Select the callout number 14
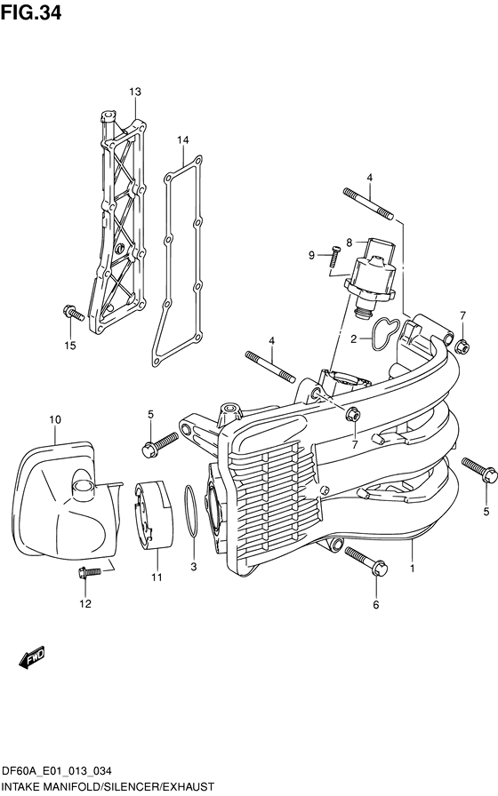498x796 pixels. click(x=182, y=140)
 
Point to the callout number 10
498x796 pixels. click(x=54, y=418)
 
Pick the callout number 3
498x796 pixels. click(x=194, y=566)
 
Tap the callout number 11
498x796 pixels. click(x=157, y=578)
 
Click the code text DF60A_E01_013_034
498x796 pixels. click(x=59, y=771)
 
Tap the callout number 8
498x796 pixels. click(x=349, y=242)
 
